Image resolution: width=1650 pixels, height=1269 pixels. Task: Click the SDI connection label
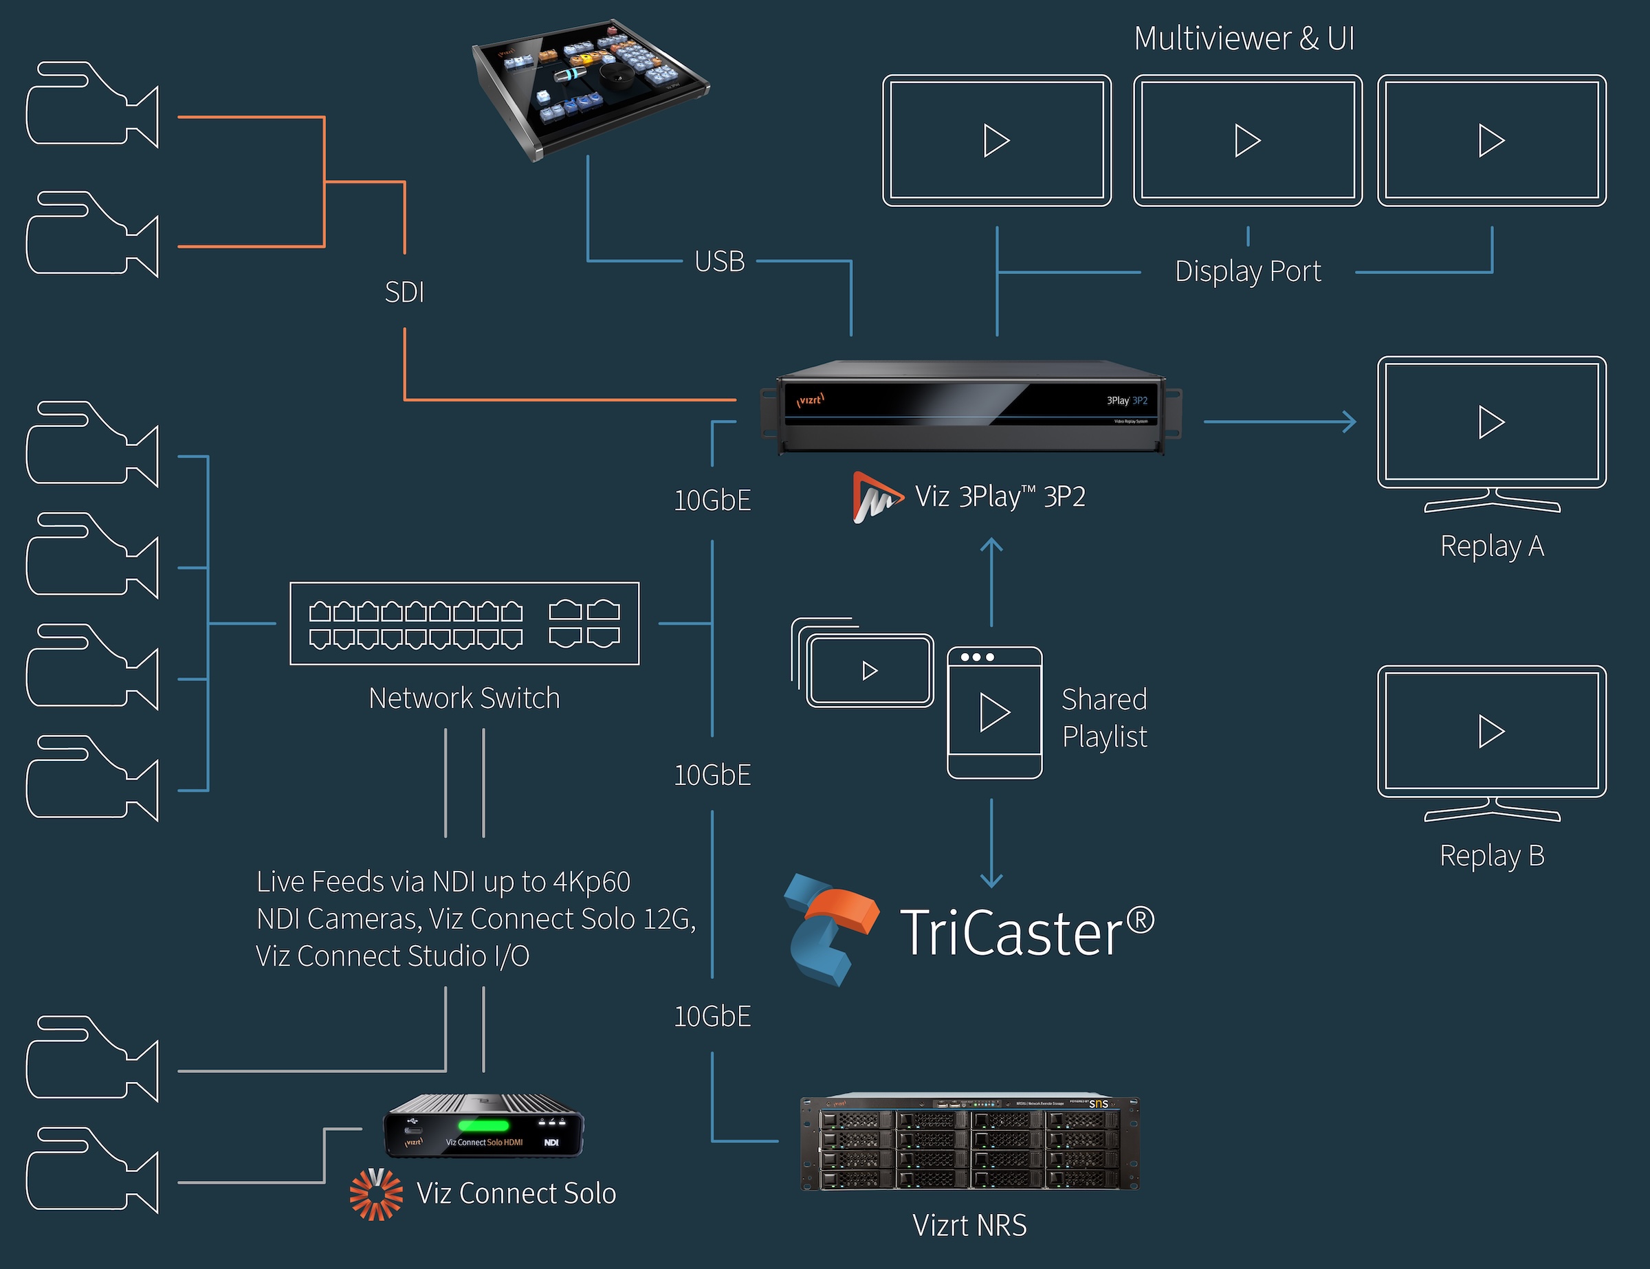pos(404,291)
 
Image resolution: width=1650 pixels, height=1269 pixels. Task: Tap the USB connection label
pos(719,261)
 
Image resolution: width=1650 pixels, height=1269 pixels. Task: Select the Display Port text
pos(1248,271)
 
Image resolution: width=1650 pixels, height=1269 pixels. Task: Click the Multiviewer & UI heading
pos(1244,38)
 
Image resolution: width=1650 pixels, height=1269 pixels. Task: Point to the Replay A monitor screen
pos(1491,422)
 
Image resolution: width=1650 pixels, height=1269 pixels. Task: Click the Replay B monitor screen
pos(1491,731)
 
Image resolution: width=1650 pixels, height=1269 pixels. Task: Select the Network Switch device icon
pos(464,624)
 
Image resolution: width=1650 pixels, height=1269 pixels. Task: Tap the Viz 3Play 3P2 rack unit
pos(971,408)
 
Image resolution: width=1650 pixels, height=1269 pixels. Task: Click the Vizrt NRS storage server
pos(970,1142)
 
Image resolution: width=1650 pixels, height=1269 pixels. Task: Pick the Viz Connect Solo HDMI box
pos(483,1126)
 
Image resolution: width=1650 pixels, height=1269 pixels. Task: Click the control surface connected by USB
pos(589,87)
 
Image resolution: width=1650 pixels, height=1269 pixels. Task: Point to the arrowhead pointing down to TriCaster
pos(991,879)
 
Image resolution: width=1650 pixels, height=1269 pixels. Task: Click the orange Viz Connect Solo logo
pos(375,1193)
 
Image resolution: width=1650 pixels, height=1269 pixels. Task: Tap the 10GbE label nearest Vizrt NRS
pos(712,1017)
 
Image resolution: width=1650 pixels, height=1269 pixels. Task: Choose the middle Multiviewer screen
pos(1247,140)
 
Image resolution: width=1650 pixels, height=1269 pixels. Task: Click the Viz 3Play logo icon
pos(877,497)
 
